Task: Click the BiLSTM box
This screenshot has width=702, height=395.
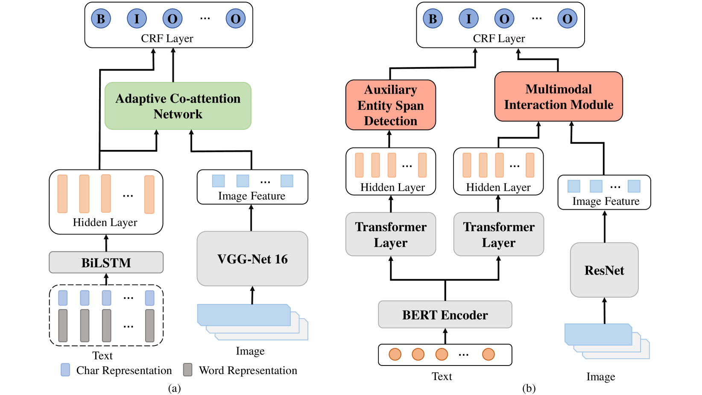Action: coord(106,262)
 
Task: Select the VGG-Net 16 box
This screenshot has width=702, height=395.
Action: coord(252,259)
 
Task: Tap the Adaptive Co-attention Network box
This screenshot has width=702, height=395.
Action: coord(178,106)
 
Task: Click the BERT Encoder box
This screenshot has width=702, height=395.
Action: coord(445,315)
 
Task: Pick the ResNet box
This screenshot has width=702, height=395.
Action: coord(604,270)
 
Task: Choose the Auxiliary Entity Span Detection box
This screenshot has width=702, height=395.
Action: coord(390,105)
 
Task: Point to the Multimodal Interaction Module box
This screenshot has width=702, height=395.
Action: coord(559,97)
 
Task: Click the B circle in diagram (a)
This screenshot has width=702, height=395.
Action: coord(101,19)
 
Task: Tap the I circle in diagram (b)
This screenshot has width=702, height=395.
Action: coord(468,19)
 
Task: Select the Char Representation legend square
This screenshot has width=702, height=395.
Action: coord(65,370)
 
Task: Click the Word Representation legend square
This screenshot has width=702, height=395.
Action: coord(187,370)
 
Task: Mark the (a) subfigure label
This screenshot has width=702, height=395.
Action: coord(174,388)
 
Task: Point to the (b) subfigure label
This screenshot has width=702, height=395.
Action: coord(529,388)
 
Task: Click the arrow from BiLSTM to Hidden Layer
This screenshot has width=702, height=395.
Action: coord(106,243)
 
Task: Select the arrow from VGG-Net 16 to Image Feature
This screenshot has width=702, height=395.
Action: coord(251,218)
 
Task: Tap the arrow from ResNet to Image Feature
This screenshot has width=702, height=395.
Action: coord(604,226)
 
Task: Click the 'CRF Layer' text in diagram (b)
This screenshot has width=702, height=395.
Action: coord(499,38)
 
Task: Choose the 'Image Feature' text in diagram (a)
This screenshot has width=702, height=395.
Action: coord(252,196)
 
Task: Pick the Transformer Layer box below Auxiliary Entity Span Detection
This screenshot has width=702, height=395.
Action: coord(390,234)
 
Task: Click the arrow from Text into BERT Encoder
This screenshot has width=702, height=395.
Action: coord(445,336)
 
